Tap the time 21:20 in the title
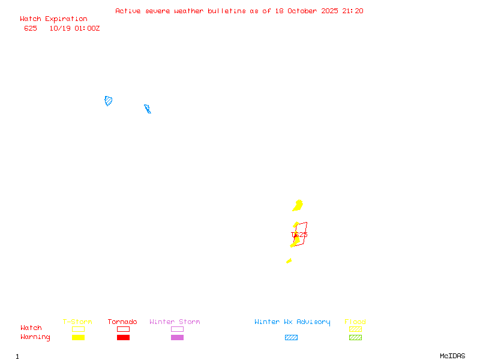tap(353, 11)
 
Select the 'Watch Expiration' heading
tap(53, 19)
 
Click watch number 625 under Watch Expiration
tap(31, 28)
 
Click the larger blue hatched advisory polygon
tap(109, 101)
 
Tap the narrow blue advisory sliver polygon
tap(147, 109)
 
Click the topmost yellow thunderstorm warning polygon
tap(298, 206)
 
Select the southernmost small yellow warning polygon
tap(289, 260)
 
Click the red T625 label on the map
tap(299, 235)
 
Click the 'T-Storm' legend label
tap(77, 322)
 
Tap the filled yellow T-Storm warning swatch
tap(78, 338)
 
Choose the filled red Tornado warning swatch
tap(123, 338)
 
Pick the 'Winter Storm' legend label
tap(175, 322)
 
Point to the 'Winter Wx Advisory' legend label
tap(292, 322)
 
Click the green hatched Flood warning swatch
tap(355, 338)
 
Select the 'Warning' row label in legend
tap(35, 337)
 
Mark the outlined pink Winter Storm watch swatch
tap(177, 329)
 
